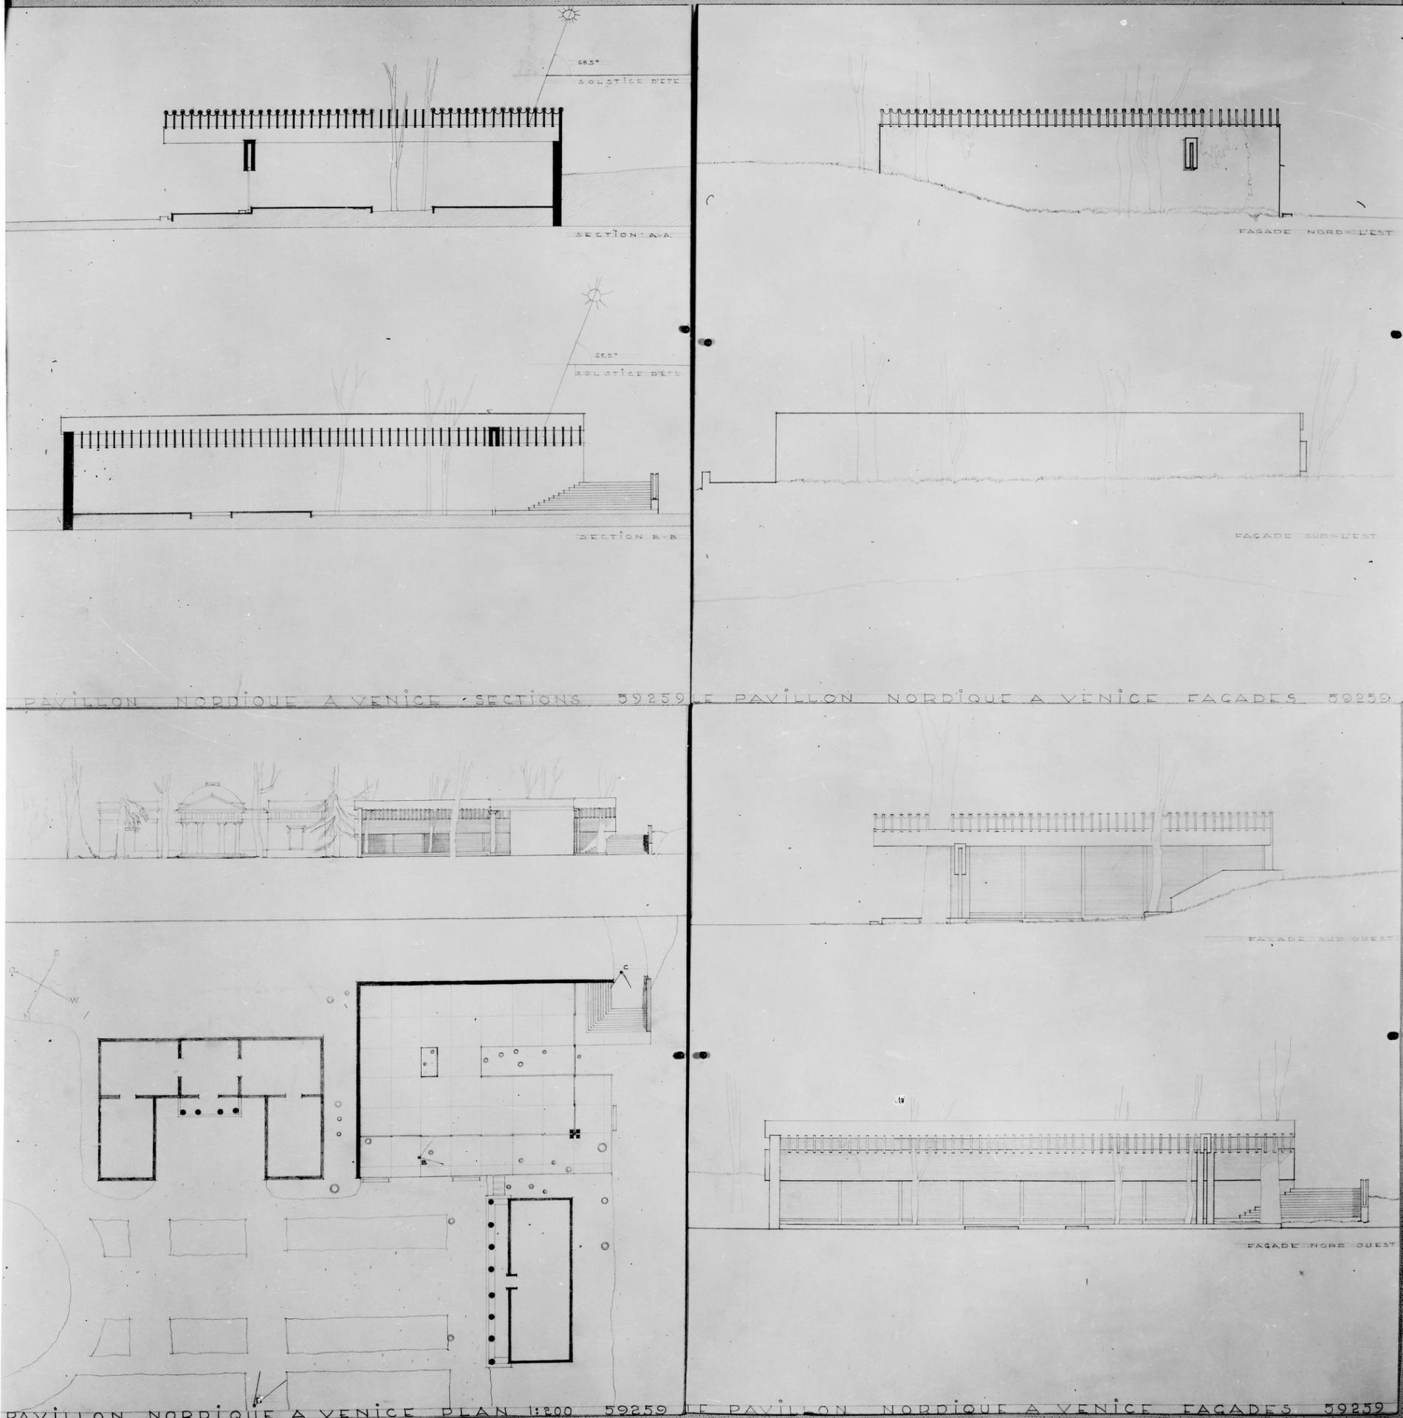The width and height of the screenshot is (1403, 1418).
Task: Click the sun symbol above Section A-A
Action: pos(571,14)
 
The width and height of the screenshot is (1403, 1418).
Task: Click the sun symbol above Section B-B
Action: pos(593,296)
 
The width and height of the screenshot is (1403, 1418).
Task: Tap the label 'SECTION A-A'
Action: pos(623,235)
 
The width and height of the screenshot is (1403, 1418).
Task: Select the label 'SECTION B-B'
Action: pos(628,537)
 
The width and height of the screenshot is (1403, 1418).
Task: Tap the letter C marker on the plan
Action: pos(625,968)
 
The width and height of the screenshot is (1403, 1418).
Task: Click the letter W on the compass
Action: pos(74,1001)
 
